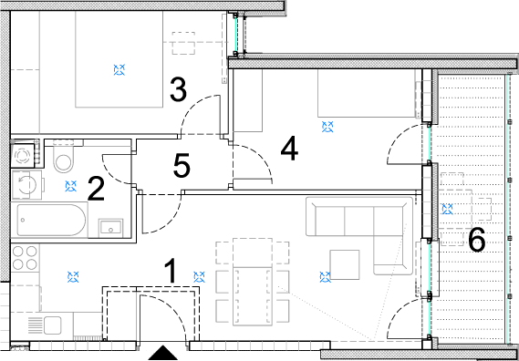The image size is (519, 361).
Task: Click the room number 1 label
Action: (x=171, y=271)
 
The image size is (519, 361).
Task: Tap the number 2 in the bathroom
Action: (x=96, y=189)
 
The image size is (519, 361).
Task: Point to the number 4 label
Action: (x=289, y=150)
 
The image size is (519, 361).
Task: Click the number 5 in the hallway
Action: (x=182, y=164)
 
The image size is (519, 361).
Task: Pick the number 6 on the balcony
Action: (x=477, y=240)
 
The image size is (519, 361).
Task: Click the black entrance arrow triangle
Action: (x=162, y=353)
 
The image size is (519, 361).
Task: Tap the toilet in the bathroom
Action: (x=64, y=156)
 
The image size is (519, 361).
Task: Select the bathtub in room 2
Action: (x=49, y=220)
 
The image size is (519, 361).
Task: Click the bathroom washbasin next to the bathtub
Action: (x=111, y=228)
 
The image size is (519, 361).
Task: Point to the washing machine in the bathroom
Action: (x=26, y=185)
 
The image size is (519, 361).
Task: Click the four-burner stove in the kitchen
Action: (x=25, y=258)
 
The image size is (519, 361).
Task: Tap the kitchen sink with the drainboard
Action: (x=45, y=325)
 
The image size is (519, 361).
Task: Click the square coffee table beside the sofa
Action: (x=345, y=264)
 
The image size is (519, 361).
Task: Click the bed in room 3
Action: (x=119, y=59)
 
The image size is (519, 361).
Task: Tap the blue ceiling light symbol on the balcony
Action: (x=448, y=209)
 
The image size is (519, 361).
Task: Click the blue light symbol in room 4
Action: (x=327, y=127)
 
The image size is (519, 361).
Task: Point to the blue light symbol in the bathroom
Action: (x=71, y=186)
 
